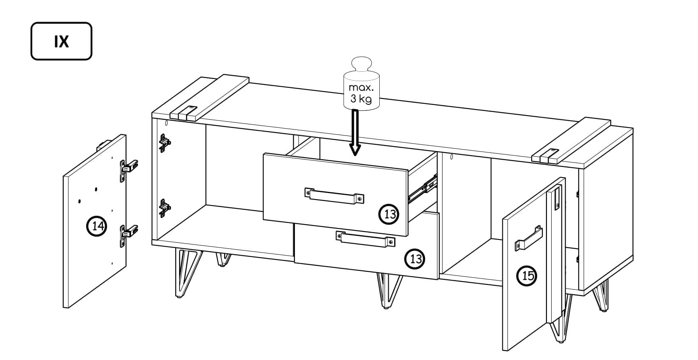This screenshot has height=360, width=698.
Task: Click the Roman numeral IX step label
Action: click(x=62, y=41)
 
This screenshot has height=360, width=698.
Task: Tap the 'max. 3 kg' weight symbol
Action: click(x=362, y=84)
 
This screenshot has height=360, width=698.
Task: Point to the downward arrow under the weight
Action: click(x=355, y=132)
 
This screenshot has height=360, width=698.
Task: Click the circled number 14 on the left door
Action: click(x=97, y=226)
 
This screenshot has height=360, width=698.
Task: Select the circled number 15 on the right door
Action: click(x=527, y=276)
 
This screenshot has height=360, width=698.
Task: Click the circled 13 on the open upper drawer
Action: click(x=389, y=214)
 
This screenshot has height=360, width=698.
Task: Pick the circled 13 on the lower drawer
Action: click(x=415, y=259)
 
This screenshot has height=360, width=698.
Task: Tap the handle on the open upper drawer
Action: click(x=334, y=196)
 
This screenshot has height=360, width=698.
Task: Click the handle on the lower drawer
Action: click(x=365, y=239)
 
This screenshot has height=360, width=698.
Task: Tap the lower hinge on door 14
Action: click(x=128, y=235)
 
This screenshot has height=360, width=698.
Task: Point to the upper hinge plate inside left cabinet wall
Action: click(x=164, y=143)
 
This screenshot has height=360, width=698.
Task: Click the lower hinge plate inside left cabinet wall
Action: click(x=164, y=208)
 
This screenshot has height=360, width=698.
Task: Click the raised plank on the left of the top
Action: click(x=210, y=97)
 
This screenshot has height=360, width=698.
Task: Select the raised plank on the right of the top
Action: click(x=571, y=141)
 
